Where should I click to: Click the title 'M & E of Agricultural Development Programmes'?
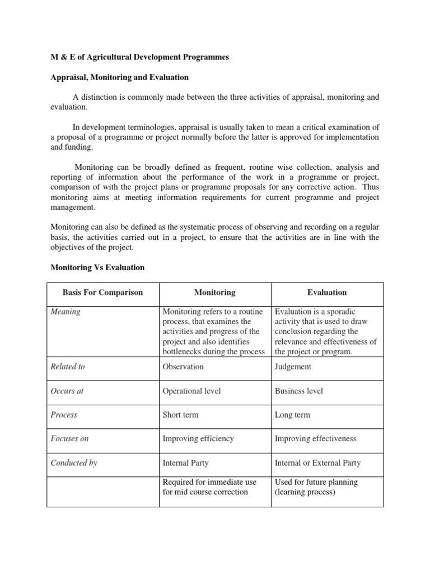coord(140,58)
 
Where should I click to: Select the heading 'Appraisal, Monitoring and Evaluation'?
coord(120,77)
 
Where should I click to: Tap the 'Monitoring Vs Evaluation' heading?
coord(97,267)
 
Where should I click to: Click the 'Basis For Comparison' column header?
coord(103,293)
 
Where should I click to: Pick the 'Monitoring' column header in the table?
coord(215,293)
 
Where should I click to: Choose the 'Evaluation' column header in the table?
coord(327,293)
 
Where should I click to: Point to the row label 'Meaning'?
coord(66,312)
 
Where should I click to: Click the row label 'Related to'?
coord(68,367)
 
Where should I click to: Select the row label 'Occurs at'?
coord(67,391)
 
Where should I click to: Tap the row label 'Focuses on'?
coord(69,439)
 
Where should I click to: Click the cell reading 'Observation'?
coord(183,367)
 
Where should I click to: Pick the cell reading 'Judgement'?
coord(293,367)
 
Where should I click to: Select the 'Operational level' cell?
coord(191,391)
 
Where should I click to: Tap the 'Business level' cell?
coord(299,391)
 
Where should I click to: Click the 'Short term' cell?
coord(180,415)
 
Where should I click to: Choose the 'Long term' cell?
coord(292,415)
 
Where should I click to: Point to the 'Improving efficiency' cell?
coord(198,439)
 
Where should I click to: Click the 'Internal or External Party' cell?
coord(317,463)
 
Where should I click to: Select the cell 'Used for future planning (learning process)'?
coord(316,487)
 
